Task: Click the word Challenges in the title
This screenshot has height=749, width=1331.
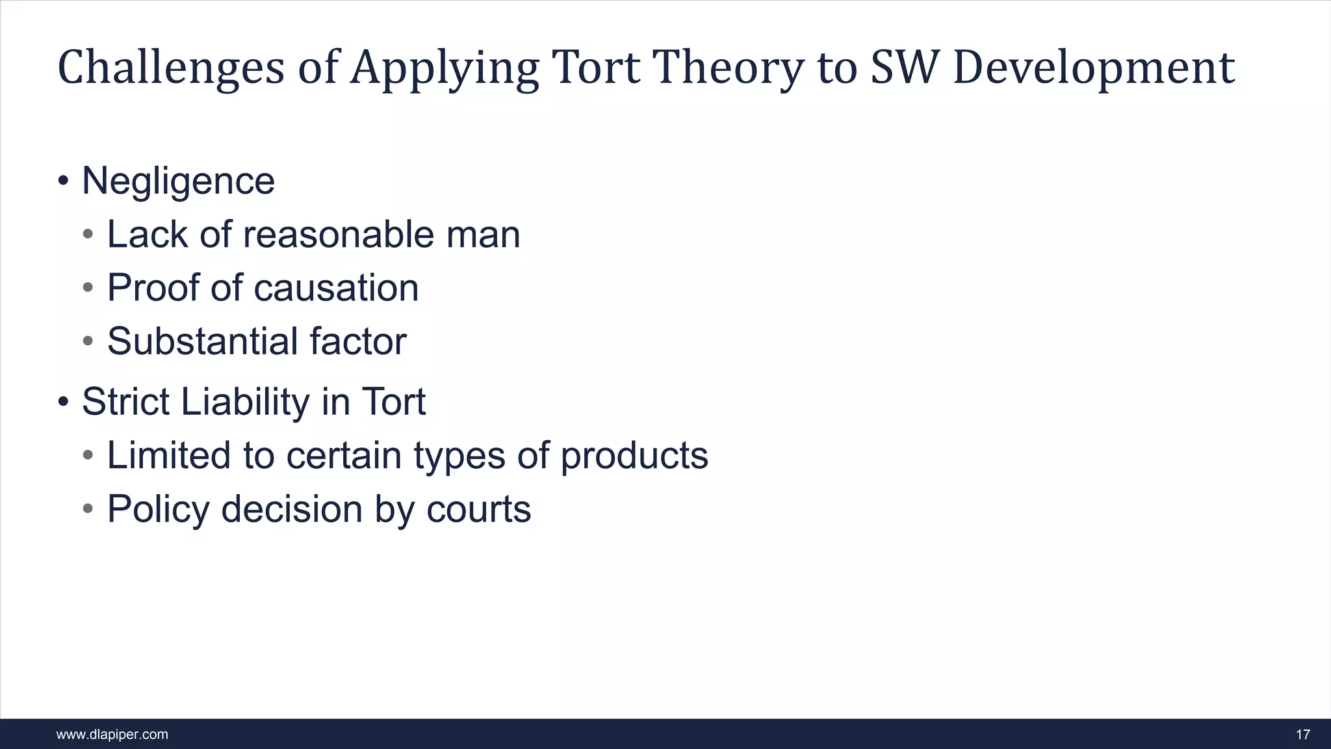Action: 171,68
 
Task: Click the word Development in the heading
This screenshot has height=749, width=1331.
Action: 1093,68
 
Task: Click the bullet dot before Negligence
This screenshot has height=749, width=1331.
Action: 63,181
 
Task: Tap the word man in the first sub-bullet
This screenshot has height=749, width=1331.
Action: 483,235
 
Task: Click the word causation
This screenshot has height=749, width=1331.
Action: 336,288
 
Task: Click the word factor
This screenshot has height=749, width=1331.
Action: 358,341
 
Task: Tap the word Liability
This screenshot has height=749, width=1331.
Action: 245,402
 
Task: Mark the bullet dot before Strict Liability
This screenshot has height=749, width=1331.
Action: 63,402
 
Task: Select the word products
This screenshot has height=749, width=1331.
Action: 634,456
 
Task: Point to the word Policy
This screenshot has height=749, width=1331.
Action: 158,509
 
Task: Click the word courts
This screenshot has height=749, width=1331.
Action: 478,509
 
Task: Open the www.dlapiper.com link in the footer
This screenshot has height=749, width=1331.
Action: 112,735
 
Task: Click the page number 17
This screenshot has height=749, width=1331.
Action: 1302,735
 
